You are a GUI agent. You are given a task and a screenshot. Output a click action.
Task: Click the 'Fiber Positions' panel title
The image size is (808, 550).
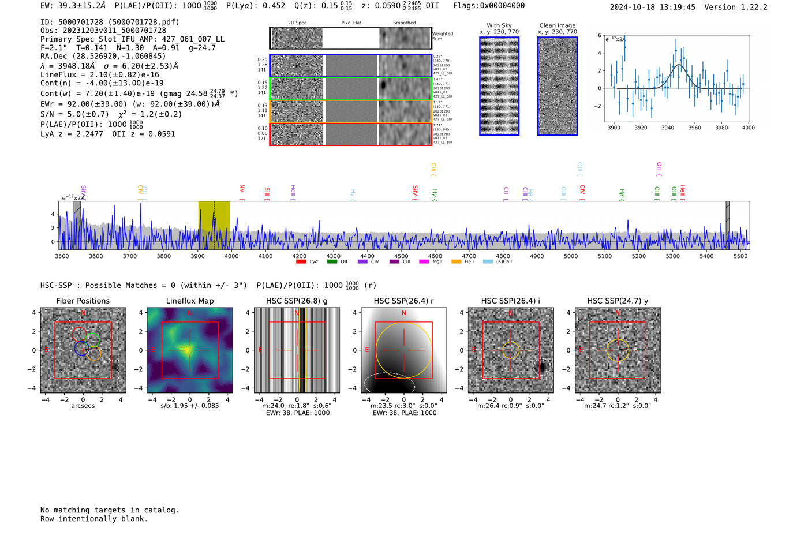point(83,301)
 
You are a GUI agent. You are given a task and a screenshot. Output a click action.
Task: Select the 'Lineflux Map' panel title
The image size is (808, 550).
point(189,301)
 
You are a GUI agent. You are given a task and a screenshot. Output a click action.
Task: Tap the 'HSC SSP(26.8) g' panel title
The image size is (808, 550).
point(297,301)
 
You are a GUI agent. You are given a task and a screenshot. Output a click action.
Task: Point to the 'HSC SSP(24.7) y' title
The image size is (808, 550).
point(618,301)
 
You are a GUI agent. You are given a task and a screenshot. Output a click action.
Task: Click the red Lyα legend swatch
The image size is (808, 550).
point(301,262)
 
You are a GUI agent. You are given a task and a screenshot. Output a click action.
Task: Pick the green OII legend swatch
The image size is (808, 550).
point(332,262)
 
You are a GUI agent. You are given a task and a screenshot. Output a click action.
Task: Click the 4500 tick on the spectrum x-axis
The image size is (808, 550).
point(401,256)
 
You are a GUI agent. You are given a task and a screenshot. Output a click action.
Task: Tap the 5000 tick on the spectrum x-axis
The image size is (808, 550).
point(571,256)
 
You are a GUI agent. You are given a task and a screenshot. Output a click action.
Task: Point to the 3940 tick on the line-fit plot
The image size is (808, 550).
point(668,128)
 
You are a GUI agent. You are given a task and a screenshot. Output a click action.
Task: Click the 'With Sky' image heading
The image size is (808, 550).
point(499,25)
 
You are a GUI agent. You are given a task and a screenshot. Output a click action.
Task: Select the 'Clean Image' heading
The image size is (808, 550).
point(557,25)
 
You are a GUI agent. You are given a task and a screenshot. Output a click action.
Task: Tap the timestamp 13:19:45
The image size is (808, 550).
point(676,7)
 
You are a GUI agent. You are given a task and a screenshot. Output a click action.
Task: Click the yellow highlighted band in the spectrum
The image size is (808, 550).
point(214,225)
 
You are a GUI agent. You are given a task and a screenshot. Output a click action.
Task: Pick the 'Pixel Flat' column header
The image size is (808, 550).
point(351,23)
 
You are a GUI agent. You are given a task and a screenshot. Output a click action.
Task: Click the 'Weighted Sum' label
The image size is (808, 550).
point(442,36)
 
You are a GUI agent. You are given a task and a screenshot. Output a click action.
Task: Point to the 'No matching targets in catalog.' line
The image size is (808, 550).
point(110,510)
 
